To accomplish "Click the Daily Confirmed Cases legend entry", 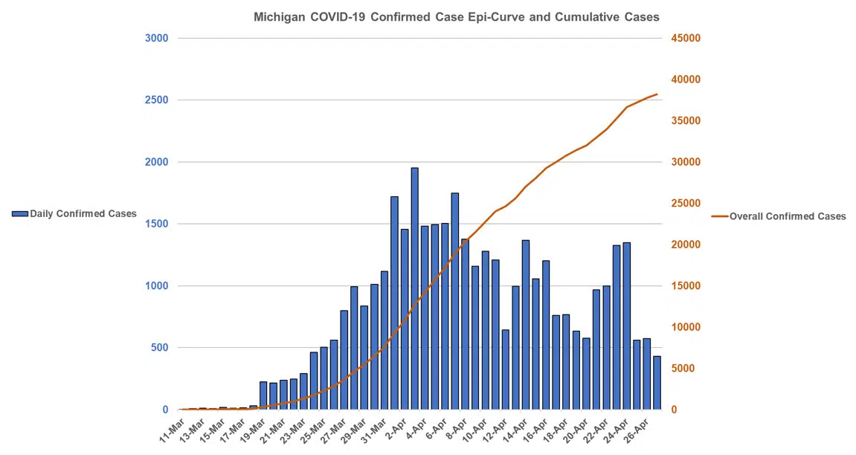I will point(74,214).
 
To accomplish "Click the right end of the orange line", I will point(657,94).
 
